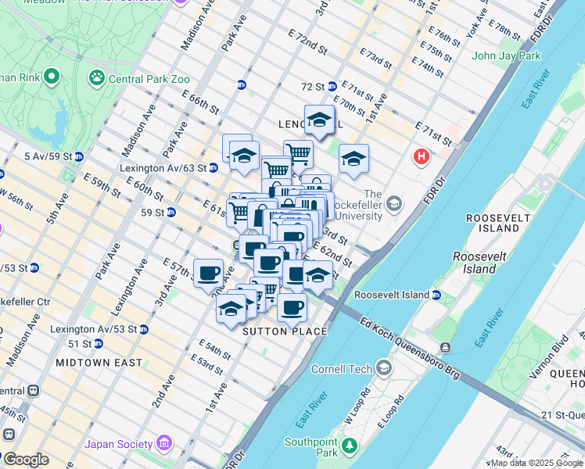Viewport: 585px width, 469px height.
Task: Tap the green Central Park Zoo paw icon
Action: [x=98, y=77]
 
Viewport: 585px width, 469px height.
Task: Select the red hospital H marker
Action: [x=422, y=157]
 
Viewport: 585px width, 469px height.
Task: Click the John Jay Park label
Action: [x=506, y=55]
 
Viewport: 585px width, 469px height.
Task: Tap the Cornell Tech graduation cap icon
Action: [x=384, y=367]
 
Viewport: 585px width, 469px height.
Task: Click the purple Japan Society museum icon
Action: [x=163, y=444]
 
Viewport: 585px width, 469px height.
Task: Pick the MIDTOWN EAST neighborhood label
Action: [x=99, y=363]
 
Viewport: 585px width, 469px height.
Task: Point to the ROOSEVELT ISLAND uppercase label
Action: [x=492, y=223]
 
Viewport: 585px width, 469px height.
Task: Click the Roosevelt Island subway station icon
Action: [x=436, y=295]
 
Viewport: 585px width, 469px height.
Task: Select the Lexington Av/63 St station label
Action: [x=163, y=168]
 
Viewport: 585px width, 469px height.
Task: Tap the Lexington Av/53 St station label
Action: [x=94, y=329]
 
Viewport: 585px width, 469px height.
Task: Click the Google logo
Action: [x=25, y=460]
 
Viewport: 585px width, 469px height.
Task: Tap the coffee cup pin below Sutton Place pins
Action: [x=292, y=308]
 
